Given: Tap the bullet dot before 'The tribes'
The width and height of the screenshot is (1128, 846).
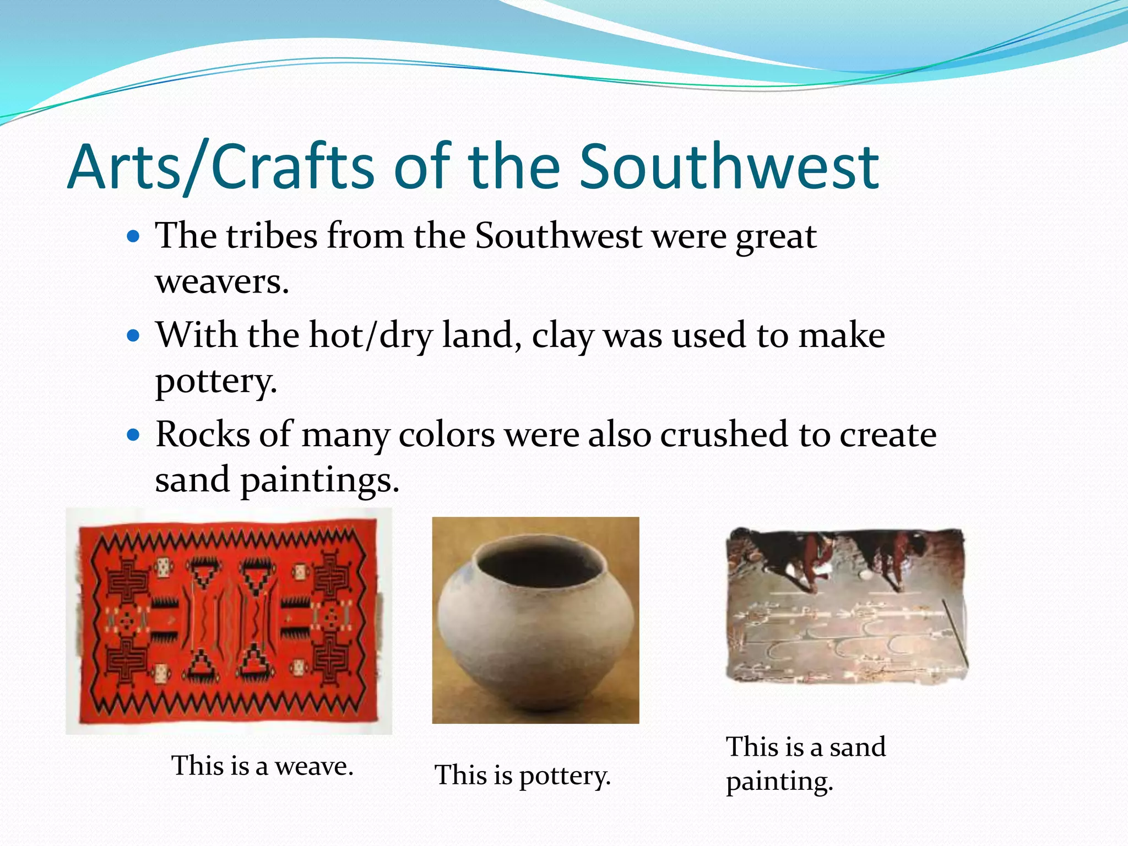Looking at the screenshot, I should pos(133,237).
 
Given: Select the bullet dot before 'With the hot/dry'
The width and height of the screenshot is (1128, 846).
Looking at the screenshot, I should pos(133,335).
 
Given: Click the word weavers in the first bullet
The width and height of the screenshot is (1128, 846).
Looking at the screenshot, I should pos(221,282).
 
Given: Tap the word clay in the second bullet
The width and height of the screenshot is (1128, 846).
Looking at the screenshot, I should pos(562,336).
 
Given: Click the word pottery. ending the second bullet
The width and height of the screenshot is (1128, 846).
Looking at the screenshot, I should pos(216,381).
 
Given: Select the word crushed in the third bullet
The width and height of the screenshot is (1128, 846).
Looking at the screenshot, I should pos(724,435).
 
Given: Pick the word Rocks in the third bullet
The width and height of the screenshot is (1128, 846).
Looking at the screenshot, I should pos(203,435).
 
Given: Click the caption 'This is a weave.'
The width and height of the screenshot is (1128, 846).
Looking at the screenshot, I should pos(262,766).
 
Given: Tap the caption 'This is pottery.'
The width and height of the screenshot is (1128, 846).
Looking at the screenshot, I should pos(522,775).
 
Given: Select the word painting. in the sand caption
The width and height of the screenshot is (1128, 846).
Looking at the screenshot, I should pos(779,781).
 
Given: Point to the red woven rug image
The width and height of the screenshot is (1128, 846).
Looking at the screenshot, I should pos(229,621).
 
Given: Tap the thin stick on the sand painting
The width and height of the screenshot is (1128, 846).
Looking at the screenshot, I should pos(955,631).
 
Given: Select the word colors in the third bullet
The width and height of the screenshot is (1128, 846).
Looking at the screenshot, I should pos(446,435).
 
